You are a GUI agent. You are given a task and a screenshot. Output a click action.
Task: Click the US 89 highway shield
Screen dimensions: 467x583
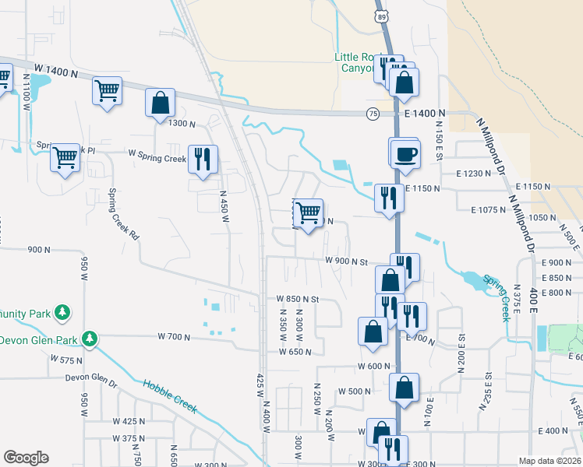381,16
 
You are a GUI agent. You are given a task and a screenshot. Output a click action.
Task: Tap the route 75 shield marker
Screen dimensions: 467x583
373,114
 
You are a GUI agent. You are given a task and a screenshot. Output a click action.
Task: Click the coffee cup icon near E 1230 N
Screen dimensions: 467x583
405,153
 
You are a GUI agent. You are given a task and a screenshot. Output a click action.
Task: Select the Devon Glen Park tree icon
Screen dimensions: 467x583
91,339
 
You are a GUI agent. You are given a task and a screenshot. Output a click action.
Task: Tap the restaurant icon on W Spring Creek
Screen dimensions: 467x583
203,159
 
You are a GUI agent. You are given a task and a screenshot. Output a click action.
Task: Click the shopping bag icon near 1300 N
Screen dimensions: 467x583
160,103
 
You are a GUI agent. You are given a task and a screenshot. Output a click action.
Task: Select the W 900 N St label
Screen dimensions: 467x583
346,261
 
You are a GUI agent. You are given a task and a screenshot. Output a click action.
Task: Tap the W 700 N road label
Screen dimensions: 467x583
174,336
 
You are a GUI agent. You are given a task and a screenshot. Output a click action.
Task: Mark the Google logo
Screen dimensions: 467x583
26,458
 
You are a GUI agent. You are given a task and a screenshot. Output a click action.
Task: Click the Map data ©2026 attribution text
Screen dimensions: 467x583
549,461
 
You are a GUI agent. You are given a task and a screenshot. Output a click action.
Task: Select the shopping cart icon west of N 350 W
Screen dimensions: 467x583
309,211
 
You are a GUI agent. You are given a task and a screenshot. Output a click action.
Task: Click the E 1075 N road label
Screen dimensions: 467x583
488,209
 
